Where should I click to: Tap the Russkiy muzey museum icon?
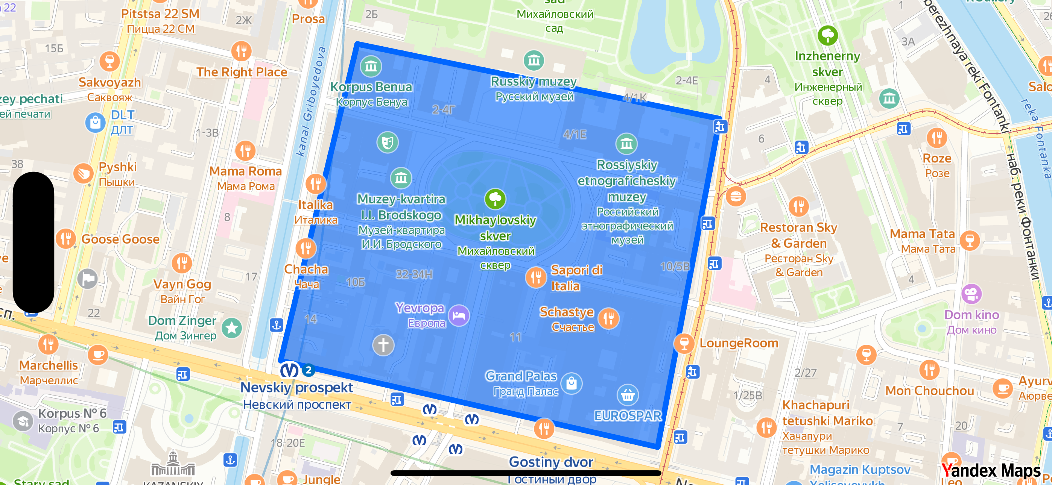[534, 61]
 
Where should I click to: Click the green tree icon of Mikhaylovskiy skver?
[495, 199]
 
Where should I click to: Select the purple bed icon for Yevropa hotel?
[459, 315]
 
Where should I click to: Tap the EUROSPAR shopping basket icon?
[627, 395]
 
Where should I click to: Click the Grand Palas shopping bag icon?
[571, 383]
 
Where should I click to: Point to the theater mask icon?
[387, 142]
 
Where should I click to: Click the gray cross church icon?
[383, 345]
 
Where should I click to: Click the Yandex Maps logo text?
[991, 470]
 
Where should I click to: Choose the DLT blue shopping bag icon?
[95, 122]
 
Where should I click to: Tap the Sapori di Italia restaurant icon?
[535, 277]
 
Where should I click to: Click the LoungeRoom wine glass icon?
[684, 343]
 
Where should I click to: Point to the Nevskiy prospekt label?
[296, 387]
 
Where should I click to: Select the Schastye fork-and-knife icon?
[608, 318]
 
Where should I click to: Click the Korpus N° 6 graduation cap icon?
[23, 421]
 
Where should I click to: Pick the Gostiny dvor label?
[550, 462]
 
